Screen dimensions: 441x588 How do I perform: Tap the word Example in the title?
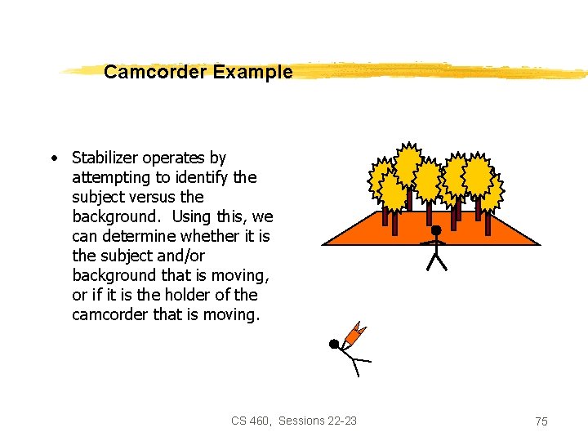(252, 72)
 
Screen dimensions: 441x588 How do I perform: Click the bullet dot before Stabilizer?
(52, 158)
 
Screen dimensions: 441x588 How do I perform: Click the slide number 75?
(541, 421)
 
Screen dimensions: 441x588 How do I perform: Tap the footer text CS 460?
(250, 421)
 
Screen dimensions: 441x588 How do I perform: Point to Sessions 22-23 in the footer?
(317, 421)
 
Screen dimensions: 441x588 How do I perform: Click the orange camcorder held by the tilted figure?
(354, 332)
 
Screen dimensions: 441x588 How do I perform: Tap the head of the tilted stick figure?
(334, 344)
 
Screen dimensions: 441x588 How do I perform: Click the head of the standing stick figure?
(437, 231)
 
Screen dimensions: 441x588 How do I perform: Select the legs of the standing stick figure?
(438, 261)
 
